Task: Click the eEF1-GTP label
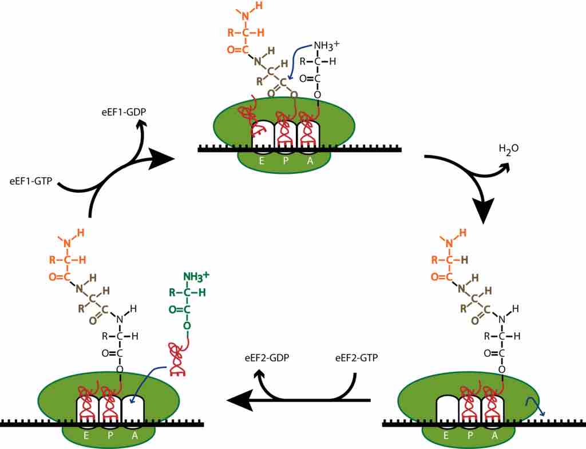point(30,181)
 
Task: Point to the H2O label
point(509,150)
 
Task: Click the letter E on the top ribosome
point(262,161)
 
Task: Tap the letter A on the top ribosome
point(310,161)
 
